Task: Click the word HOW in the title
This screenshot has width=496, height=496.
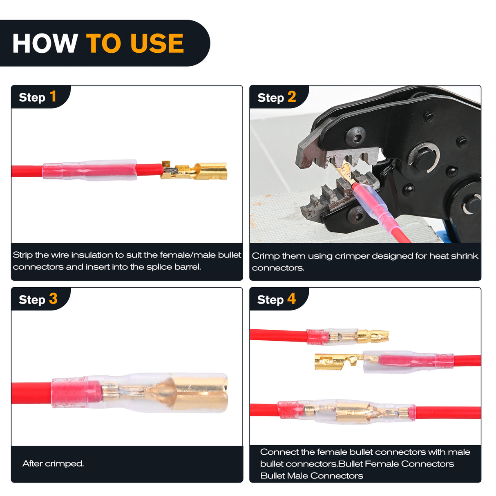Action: tap(45, 43)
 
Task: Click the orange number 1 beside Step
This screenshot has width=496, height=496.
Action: tap(53, 96)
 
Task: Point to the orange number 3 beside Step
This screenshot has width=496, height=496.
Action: tap(53, 299)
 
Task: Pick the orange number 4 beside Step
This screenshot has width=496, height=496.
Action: tap(292, 299)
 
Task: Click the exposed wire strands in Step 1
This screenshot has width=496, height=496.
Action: tap(171, 170)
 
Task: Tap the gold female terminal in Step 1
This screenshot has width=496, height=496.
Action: tap(194, 170)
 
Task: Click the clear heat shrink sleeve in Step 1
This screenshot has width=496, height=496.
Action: tap(89, 170)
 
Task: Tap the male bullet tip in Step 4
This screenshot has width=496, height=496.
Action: tap(373, 336)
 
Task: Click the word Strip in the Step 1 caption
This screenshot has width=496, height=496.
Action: tap(22, 255)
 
